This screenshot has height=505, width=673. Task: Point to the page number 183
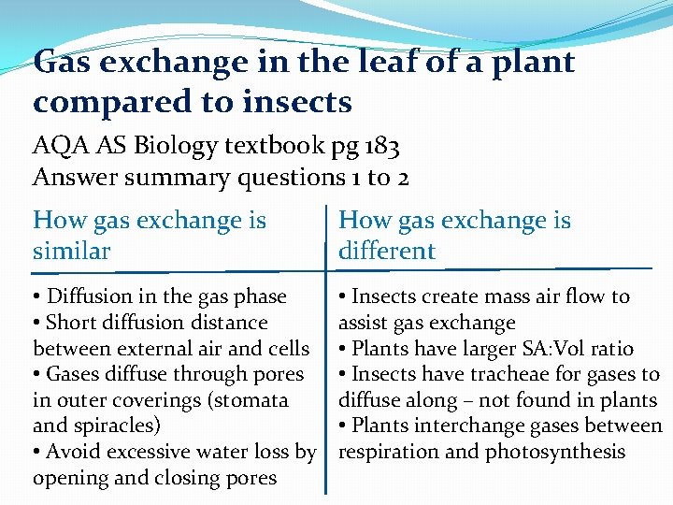pyautogui.click(x=380, y=147)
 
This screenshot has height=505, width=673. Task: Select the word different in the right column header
pyautogui.click(x=387, y=251)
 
